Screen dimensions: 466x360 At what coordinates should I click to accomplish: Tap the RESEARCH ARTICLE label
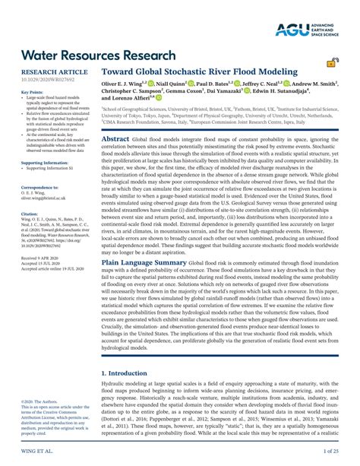[48, 71]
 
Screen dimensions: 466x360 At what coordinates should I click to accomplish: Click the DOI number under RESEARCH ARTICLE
[47, 78]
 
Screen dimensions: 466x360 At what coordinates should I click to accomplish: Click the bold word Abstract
[115, 140]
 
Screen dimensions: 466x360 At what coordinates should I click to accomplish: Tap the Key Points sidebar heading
[32, 92]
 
